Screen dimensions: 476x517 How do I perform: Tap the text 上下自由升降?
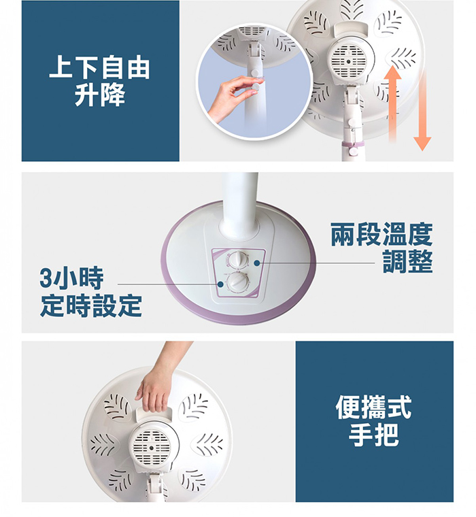pos(99,81)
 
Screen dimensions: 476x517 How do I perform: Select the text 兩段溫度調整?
pos(381,248)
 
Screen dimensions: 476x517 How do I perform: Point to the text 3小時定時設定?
pos(90,292)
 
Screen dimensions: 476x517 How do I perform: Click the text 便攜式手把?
pos(373,420)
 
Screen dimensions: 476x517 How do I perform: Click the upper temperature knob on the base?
pos(238,260)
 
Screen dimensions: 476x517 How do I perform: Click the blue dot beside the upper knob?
pos(257,263)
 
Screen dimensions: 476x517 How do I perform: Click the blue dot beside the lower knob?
pos(220,284)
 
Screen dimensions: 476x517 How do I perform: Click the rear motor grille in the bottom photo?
pos(152,448)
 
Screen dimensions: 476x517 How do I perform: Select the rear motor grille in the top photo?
pos(348,61)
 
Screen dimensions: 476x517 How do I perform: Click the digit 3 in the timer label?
pos(46,278)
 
